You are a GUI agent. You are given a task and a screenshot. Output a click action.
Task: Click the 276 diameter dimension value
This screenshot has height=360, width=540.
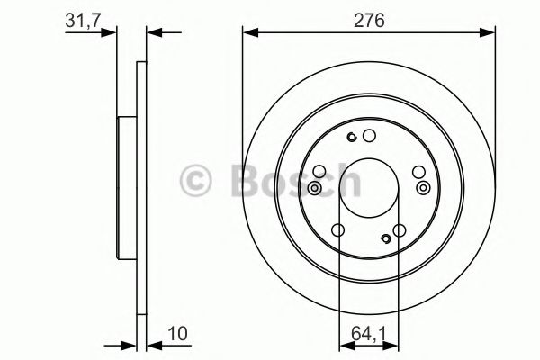(x=368, y=20)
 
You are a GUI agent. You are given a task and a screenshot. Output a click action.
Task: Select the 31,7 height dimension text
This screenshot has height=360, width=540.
(x=83, y=19)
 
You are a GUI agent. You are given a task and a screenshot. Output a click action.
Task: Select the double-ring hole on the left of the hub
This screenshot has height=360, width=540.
(x=315, y=187)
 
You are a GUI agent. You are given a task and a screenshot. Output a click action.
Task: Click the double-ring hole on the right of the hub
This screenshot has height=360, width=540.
(x=423, y=187)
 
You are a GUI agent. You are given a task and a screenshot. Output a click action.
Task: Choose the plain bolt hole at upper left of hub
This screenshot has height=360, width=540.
(x=319, y=171)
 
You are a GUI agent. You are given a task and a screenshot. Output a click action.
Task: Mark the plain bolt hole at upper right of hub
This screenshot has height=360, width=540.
(x=418, y=171)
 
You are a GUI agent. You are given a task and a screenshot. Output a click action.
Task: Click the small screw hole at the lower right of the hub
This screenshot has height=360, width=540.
(x=386, y=238)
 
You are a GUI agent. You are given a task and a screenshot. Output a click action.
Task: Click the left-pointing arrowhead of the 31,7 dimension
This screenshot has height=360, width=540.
(x=153, y=34)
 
